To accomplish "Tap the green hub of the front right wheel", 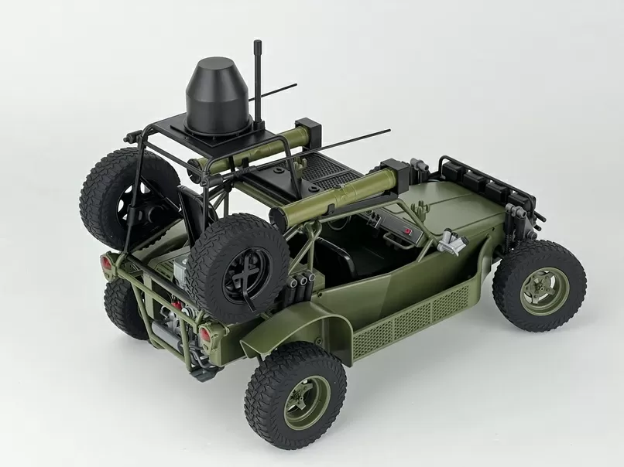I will pos(543,291).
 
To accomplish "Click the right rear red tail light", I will pos(206,334).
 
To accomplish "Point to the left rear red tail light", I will pos(106,263).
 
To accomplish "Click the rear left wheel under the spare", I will pos(124,305).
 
